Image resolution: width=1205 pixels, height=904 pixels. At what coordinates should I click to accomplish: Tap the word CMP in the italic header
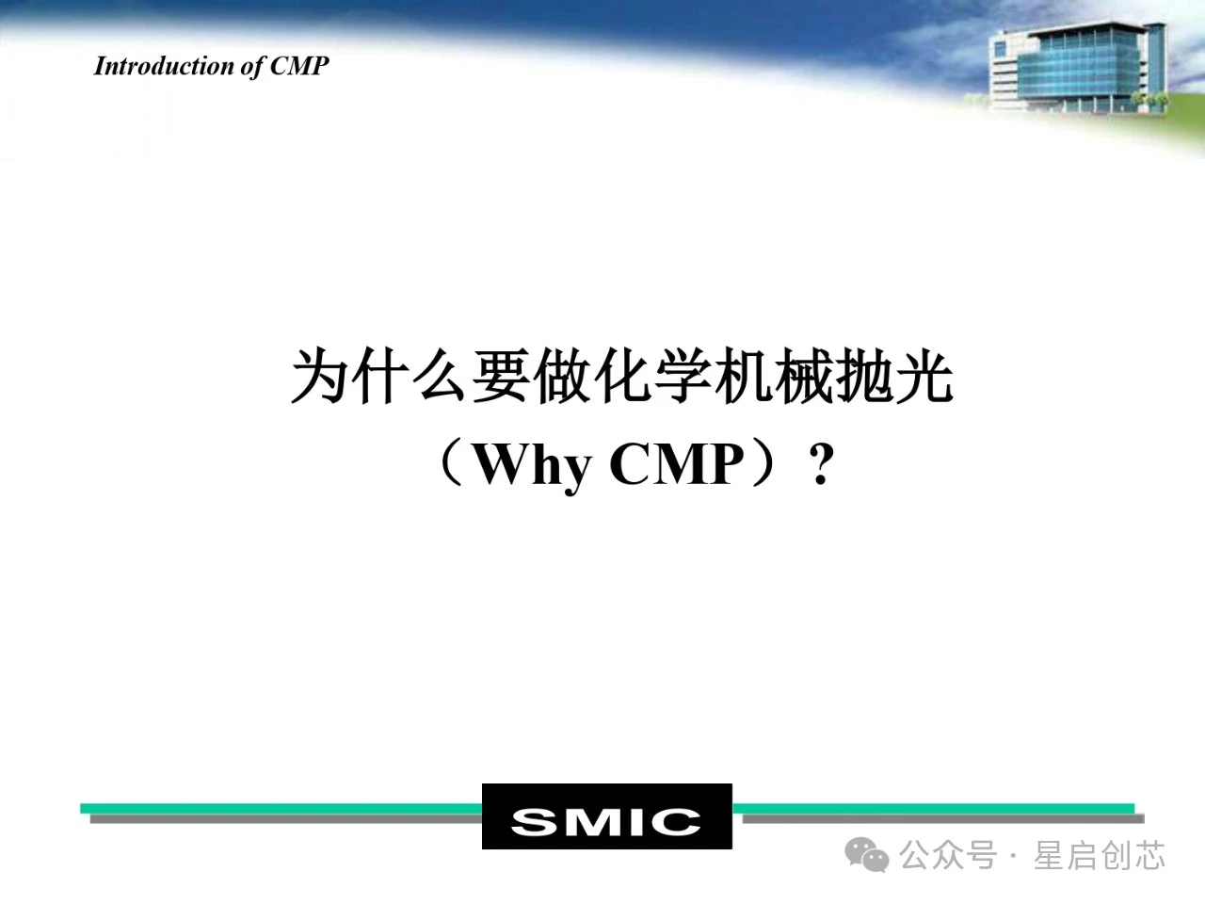pyautogui.click(x=299, y=66)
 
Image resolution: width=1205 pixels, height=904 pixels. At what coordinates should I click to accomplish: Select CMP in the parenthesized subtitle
pyautogui.click(x=677, y=464)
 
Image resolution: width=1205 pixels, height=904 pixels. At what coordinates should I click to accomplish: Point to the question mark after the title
pyautogui.click(x=822, y=464)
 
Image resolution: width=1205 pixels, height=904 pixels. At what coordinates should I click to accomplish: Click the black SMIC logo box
pyautogui.click(x=606, y=816)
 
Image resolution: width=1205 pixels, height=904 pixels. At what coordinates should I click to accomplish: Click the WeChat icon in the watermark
pyautogui.click(x=867, y=855)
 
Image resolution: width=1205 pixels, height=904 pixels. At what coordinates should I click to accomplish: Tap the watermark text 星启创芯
pyautogui.click(x=1100, y=855)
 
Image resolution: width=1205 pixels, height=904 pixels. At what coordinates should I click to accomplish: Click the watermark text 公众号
pyautogui.click(x=948, y=855)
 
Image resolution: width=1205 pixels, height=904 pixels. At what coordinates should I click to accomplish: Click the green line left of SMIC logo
pyautogui.click(x=281, y=808)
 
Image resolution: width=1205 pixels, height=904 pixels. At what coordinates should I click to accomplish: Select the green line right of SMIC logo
pyautogui.click(x=933, y=808)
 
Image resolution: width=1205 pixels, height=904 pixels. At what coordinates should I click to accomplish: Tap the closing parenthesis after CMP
pyautogui.click(x=764, y=464)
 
